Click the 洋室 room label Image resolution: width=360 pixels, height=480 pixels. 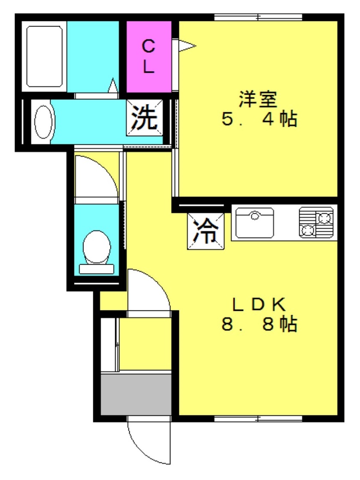258,99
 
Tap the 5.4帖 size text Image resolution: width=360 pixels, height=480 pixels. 259,119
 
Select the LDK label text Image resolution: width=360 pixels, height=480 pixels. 259,304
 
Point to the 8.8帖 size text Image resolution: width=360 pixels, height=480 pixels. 259,325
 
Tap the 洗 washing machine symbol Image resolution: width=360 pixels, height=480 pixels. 144,117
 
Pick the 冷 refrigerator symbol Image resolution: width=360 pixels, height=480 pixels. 205,231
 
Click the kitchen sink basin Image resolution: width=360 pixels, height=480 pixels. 255,222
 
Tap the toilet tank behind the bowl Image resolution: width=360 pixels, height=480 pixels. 97,269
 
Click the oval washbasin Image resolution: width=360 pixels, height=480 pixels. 43,122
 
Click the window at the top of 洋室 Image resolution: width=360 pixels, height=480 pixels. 258,18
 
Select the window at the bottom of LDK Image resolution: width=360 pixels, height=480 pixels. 258,418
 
